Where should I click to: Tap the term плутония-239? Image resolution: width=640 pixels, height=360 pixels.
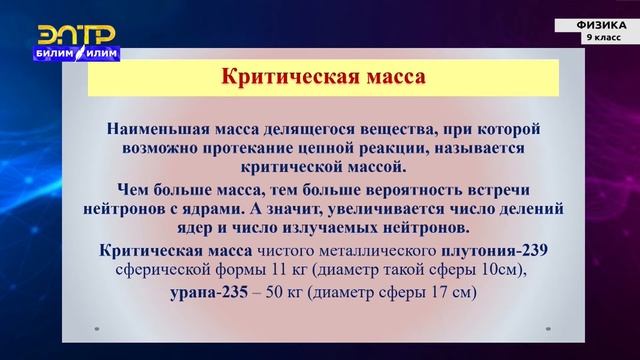coord(497,250)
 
